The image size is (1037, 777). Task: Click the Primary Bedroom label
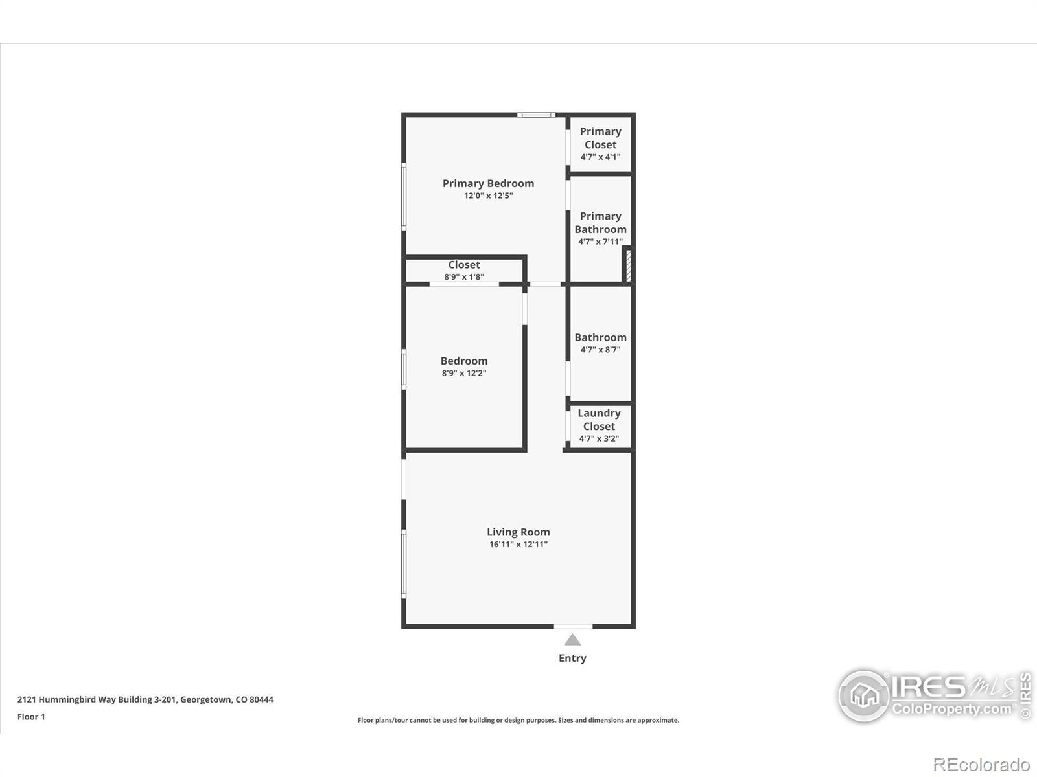[488, 183]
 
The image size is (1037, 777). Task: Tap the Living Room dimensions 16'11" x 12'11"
[518, 545]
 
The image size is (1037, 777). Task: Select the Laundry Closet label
[599, 420]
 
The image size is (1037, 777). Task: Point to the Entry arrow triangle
[572, 640]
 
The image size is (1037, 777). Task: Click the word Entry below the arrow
[572, 658]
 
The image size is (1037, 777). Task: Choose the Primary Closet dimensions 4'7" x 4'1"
[600, 157]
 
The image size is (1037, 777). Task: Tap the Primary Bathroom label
[600, 223]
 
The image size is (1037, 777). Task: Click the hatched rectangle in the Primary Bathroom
[628, 265]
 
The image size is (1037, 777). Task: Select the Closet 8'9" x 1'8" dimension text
[464, 277]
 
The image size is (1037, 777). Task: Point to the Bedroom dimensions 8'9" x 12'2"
[464, 374]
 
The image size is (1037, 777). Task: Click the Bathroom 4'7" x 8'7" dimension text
[600, 350]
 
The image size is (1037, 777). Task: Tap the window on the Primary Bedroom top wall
[536, 115]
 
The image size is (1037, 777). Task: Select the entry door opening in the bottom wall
[573, 626]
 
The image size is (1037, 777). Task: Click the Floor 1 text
[31, 717]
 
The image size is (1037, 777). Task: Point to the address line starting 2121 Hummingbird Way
[145, 699]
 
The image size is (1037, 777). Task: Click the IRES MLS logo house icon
[864, 696]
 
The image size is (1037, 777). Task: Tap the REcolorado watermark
[981, 765]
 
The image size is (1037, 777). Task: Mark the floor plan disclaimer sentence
[518, 720]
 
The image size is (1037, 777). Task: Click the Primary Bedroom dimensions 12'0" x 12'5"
[488, 196]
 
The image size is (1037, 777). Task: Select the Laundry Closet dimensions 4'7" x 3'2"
[599, 438]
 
